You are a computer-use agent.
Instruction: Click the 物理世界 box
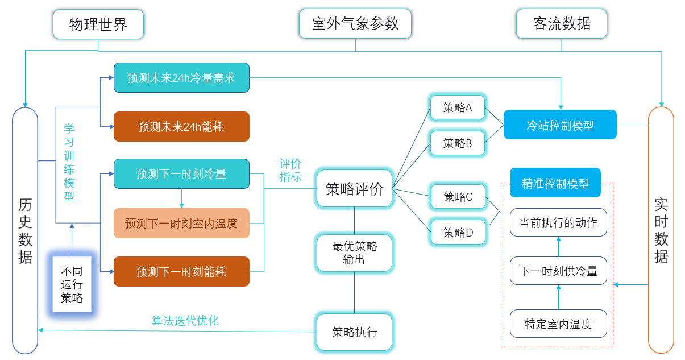pos(98,24)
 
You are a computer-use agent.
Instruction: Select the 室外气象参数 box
pos(355,24)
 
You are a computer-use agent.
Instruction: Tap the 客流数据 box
pos(562,24)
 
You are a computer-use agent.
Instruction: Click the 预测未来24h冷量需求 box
pos(181,77)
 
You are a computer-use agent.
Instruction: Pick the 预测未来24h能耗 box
pos(181,126)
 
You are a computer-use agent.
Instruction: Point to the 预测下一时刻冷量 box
pos(181,173)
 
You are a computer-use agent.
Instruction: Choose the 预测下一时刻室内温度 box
pos(181,223)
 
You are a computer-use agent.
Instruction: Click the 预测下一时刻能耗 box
pos(181,271)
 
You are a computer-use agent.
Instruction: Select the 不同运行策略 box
pos(72,284)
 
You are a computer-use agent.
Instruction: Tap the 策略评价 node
pos(355,188)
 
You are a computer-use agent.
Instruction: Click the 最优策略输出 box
pos(355,253)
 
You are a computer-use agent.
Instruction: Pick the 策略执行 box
pos(355,332)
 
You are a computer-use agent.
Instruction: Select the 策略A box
pos(458,107)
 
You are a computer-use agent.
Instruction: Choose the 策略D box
pos(458,231)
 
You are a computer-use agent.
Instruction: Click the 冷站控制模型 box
pos(560,125)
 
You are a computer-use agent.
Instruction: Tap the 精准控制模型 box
pos(555,183)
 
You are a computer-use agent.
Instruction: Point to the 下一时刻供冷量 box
pos(558,271)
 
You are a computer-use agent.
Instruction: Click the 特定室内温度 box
pos(558,324)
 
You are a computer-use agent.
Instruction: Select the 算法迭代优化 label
pos(185,320)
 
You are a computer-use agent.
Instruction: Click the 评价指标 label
pos(290,169)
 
